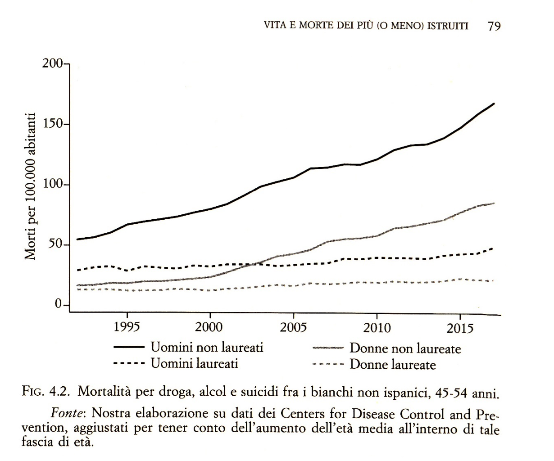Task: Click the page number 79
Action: [x=494, y=26]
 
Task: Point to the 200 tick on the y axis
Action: [x=53, y=63]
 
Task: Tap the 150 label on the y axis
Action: [x=53, y=124]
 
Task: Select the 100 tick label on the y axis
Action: [x=53, y=185]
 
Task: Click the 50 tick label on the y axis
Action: [x=56, y=245]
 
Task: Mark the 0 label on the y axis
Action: [x=59, y=305]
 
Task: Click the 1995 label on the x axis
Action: [x=127, y=327]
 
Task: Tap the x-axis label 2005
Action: [x=293, y=327]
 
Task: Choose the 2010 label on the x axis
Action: [x=377, y=327]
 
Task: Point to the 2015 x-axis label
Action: [x=460, y=328]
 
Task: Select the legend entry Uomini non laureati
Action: [x=207, y=348]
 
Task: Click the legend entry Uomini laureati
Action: [x=194, y=363]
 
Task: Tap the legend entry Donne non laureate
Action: [x=405, y=348]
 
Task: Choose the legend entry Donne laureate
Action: [x=392, y=364]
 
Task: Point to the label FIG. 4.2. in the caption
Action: [x=45, y=392]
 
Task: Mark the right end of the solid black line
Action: [x=494, y=104]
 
